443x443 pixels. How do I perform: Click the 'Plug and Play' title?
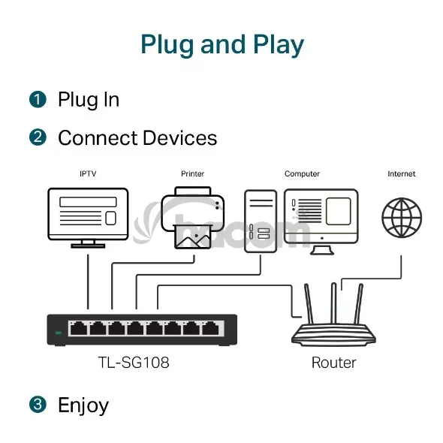pyautogui.click(x=222, y=45)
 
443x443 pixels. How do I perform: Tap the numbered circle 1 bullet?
pyautogui.click(x=38, y=99)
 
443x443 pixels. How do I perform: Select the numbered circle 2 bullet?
pyautogui.click(x=38, y=137)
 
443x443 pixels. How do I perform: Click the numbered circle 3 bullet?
pyautogui.click(x=38, y=404)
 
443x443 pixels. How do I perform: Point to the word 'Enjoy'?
pyautogui.click(x=83, y=405)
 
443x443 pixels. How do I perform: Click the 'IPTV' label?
pyautogui.click(x=88, y=173)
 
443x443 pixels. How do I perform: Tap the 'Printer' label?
pyautogui.click(x=192, y=173)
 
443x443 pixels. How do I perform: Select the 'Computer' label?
pyautogui.click(x=302, y=173)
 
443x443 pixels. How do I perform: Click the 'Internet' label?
pyautogui.click(x=402, y=173)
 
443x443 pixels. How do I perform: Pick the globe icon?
pyautogui.click(x=402, y=218)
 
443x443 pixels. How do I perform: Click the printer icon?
pyautogui.click(x=193, y=218)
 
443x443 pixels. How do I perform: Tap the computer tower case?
pyautogui.click(x=261, y=221)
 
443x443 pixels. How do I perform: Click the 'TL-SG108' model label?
pyautogui.click(x=134, y=363)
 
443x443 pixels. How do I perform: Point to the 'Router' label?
pyautogui.click(x=333, y=363)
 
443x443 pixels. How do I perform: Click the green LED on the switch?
pyautogui.click(x=59, y=333)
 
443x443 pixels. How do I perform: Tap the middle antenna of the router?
pyautogui.click(x=333, y=303)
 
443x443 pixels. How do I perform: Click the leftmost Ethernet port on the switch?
pyautogui.click(x=79, y=329)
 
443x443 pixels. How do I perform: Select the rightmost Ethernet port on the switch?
pyautogui.click(x=211, y=329)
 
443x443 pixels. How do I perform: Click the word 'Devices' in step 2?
pyautogui.click(x=180, y=138)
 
